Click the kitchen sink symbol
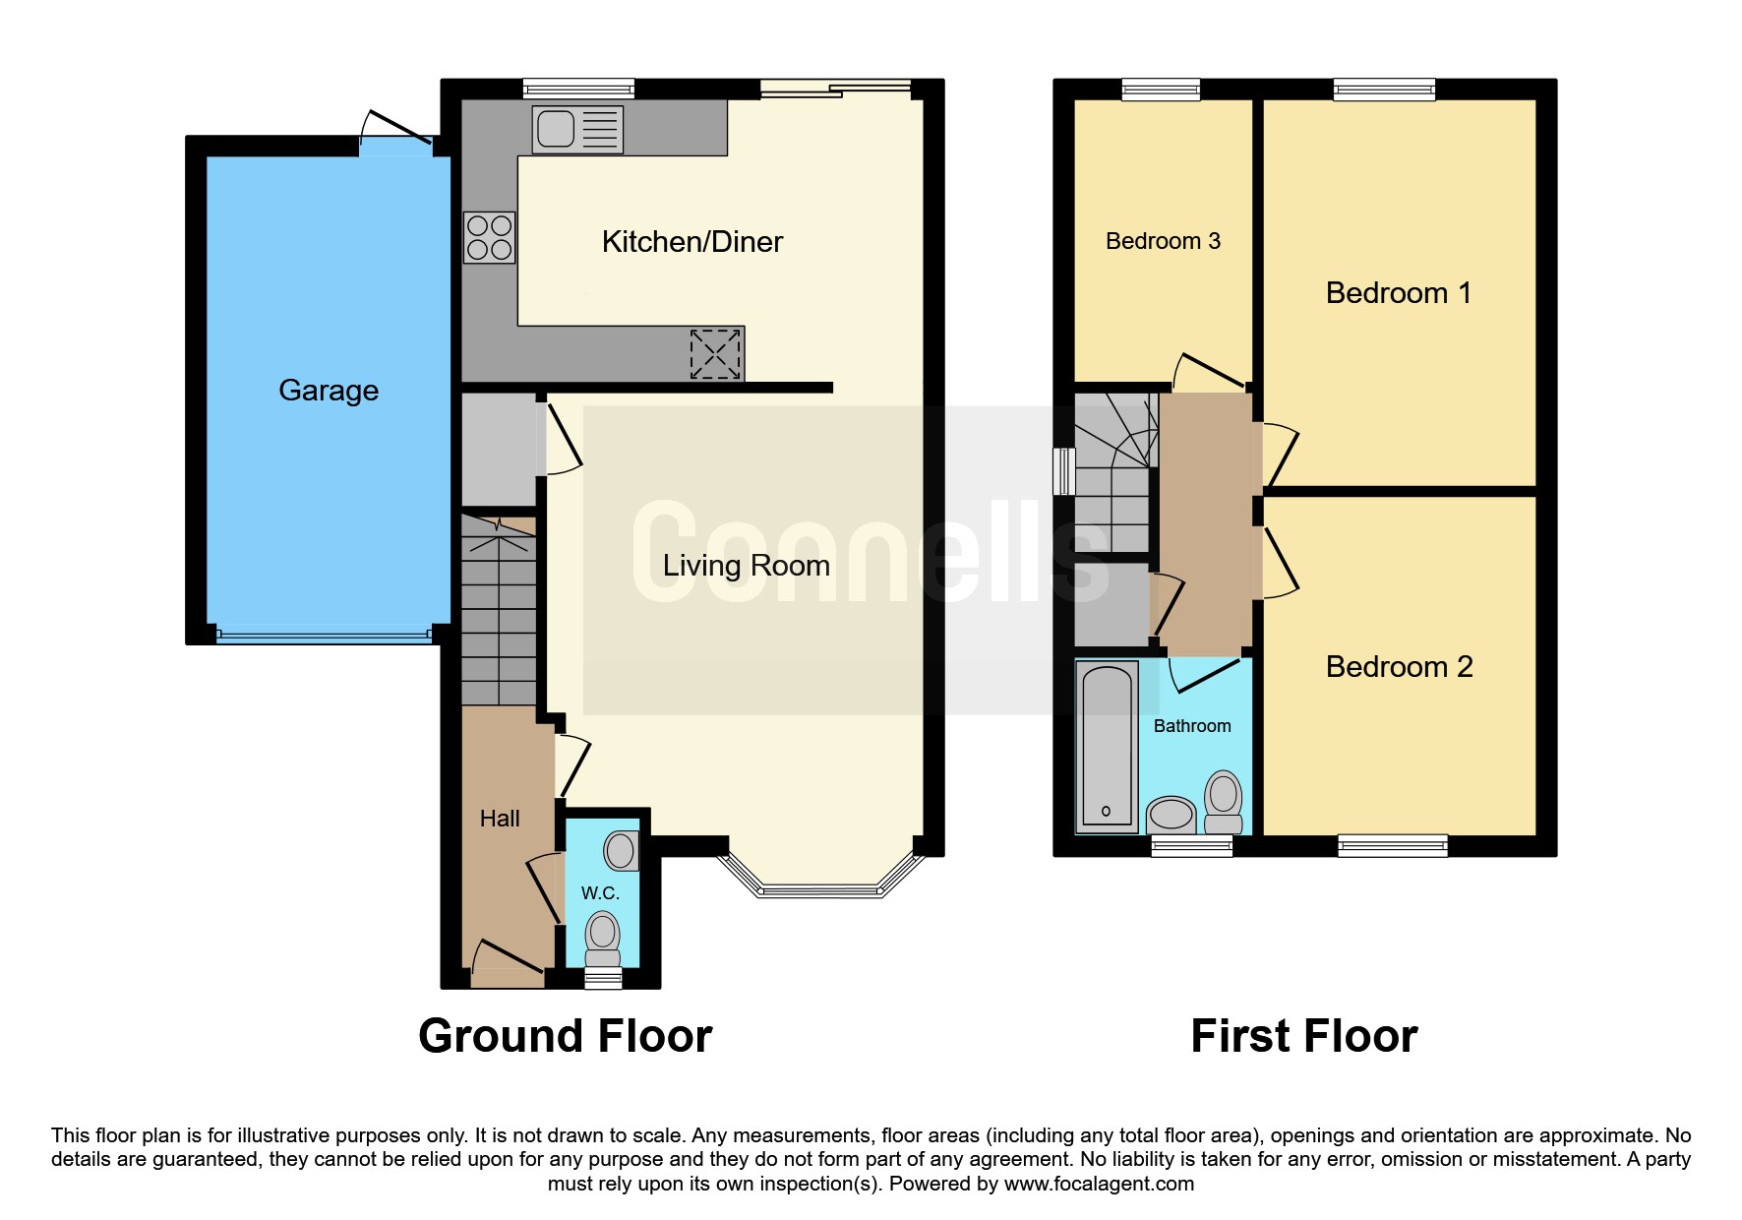coord(577,129)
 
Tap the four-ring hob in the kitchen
coord(489,237)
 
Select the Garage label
coord(329,391)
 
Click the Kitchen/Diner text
coord(691,242)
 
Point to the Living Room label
coord(746,566)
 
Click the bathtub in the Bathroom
coord(1108,746)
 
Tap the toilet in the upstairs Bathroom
coord(1224,801)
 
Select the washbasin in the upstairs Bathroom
coord(1171,814)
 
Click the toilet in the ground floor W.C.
coord(602,939)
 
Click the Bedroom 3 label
coord(1163,241)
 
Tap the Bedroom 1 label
coord(1398,293)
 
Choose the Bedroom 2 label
coord(1399,667)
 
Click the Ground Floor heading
coord(565,1036)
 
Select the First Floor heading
coord(1303,1036)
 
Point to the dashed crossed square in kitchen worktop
coord(715,354)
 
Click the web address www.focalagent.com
coord(1099,1184)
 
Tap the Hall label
coord(500,819)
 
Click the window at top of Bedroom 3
coord(1161,90)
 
